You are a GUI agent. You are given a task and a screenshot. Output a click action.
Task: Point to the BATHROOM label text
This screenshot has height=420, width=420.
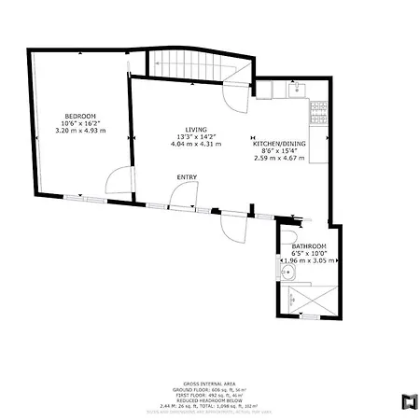click(310, 245)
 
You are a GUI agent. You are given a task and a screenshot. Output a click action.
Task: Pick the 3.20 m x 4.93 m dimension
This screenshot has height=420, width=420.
click(80, 131)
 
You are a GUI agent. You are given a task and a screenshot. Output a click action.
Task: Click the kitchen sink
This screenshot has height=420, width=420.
click(297, 90)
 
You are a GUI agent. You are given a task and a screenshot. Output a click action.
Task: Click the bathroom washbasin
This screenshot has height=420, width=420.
click(289, 273)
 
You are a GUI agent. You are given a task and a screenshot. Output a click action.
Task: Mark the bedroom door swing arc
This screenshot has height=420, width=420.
click(118, 179)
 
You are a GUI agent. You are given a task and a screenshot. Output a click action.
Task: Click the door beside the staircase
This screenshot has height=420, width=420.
click(231, 94)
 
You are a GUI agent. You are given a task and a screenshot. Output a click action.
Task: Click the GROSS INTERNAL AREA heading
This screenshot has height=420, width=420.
click(209, 383)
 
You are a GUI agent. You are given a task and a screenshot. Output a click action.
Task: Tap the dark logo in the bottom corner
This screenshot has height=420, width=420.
click(408, 401)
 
